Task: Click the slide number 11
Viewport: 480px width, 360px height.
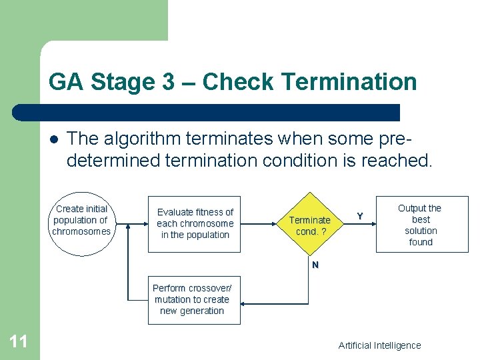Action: point(19,342)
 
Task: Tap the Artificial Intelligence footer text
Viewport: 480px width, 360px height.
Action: point(379,345)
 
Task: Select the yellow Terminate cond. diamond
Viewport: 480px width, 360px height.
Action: point(310,225)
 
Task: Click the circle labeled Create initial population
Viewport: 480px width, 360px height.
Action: point(81,222)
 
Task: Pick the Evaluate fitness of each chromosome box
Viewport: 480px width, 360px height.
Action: point(195,223)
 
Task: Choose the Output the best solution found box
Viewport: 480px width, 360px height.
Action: point(421,225)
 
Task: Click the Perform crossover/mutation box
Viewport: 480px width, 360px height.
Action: point(193,300)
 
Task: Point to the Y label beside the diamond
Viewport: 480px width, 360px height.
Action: point(360,216)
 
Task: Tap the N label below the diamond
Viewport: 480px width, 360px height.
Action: point(315,265)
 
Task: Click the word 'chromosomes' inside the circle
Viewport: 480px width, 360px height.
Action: point(81,232)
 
